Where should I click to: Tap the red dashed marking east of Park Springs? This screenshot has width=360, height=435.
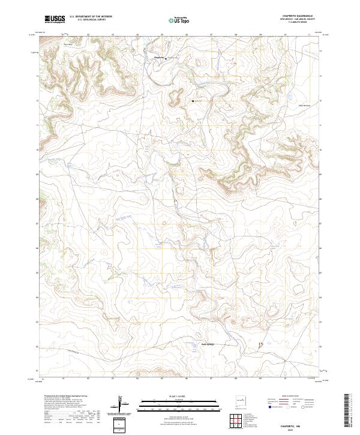click(260, 345)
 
